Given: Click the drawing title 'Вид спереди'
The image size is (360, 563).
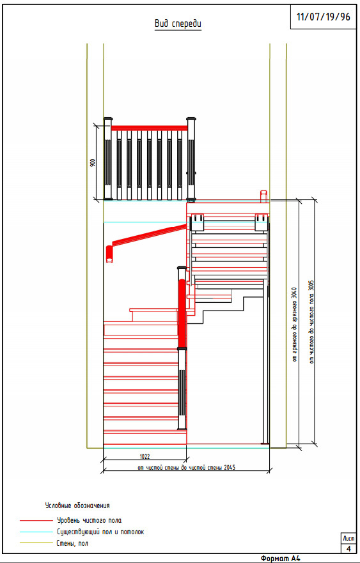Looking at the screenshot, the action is [178, 24].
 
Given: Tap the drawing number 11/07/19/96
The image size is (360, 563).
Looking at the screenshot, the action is [324, 17].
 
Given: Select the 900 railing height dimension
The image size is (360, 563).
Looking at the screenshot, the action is [92, 163].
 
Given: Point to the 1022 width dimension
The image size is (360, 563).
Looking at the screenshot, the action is [145, 456].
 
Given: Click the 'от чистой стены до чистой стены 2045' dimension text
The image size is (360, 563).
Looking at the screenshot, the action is [187, 468].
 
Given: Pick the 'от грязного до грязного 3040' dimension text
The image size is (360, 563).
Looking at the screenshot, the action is [294, 324].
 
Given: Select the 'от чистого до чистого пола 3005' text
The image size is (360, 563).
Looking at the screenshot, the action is [311, 321].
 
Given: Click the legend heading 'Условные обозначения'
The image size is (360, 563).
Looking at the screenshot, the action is [77, 505].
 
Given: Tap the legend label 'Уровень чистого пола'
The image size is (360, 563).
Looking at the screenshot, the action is [89, 520].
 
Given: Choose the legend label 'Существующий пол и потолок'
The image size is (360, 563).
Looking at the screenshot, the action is [100, 532].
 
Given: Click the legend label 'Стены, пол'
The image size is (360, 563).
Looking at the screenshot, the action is [72, 544].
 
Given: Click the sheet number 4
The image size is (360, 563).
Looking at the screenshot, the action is [348, 549].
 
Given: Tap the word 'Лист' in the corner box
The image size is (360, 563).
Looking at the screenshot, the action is [348, 539].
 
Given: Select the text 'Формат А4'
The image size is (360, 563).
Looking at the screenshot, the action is [281, 559].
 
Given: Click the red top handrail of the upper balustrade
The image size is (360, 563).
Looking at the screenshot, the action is [149, 128].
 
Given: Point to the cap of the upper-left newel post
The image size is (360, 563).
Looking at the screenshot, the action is [108, 118].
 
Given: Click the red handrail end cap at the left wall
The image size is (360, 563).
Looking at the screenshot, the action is [109, 254].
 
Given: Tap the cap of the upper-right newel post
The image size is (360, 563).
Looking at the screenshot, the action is [191, 118].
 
